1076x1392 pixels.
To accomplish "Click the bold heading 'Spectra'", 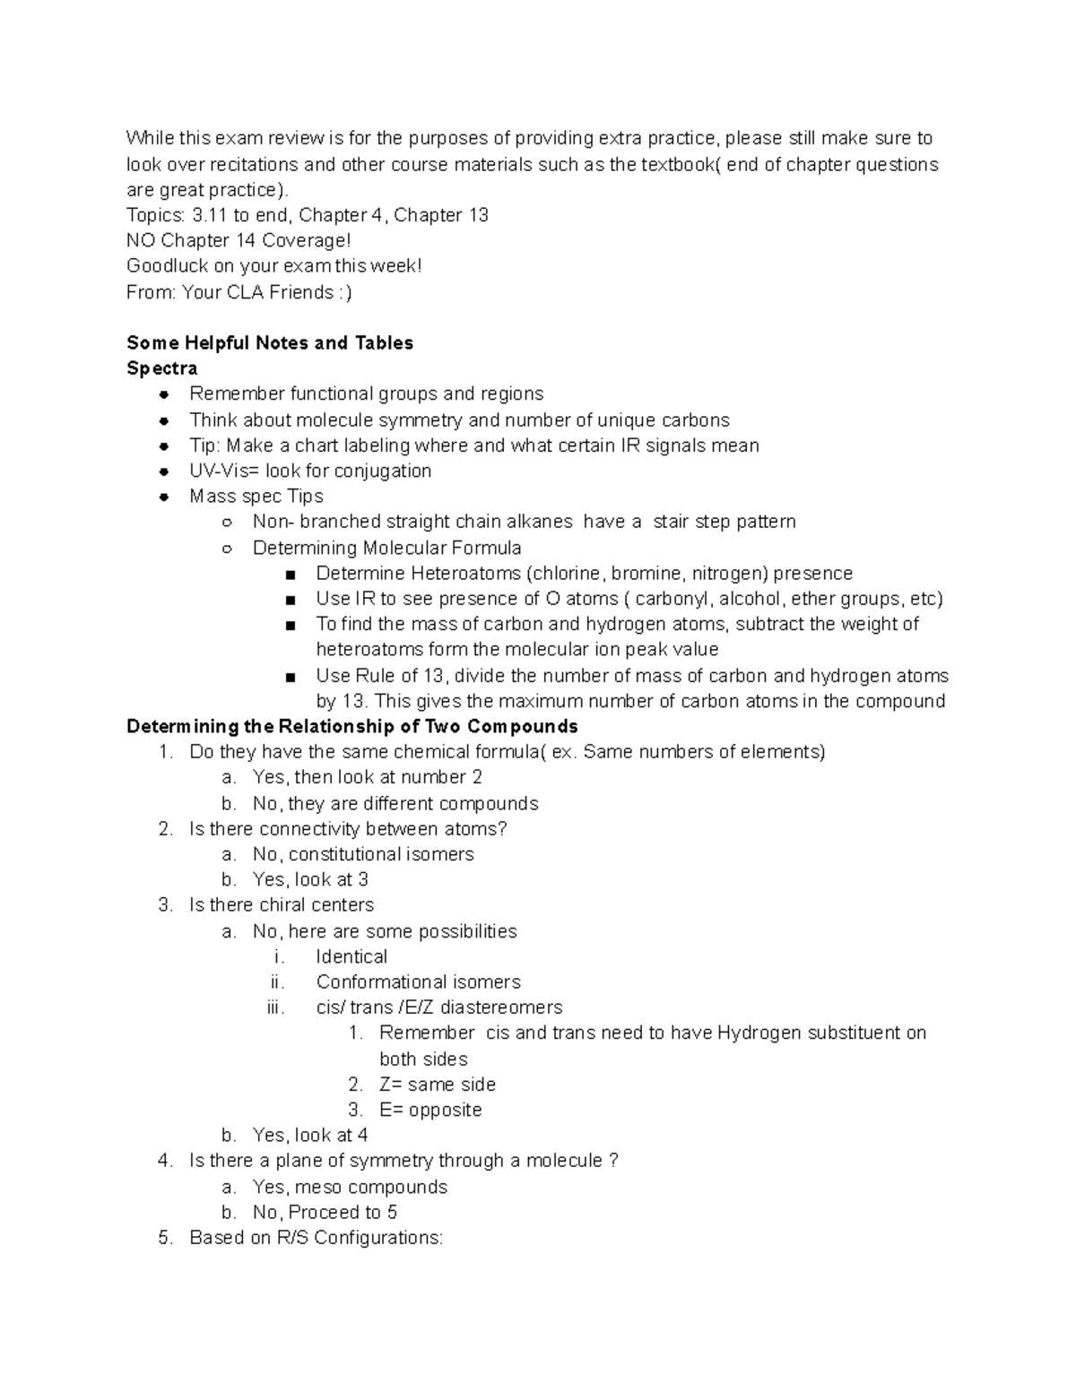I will (162, 368).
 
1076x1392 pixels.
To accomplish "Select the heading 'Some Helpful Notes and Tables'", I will (270, 343).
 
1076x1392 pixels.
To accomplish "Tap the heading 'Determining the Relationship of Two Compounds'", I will (352, 726).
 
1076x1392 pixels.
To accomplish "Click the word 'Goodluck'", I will (166, 266).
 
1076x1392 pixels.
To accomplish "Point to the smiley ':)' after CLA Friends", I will (345, 292).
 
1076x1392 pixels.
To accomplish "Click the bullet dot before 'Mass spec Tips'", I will (163, 497).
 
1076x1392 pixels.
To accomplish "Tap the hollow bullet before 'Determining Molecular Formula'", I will (227, 549).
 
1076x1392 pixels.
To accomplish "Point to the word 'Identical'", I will (351, 956).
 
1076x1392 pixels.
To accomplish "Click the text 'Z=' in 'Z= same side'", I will (391, 1085).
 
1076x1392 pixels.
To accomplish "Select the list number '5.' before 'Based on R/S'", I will (165, 1238).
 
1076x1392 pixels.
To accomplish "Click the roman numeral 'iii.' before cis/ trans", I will (275, 1007).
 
